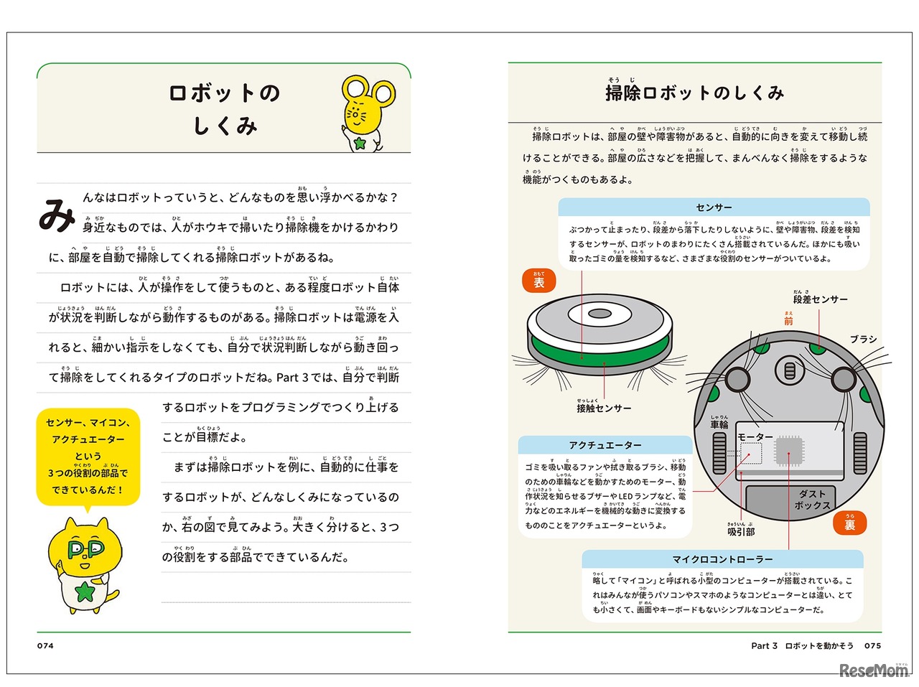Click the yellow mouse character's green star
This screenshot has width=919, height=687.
360,144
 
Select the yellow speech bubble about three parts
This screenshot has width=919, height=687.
88,457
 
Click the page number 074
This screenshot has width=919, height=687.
45,645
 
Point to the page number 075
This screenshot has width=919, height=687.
872,645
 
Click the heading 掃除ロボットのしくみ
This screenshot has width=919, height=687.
694,93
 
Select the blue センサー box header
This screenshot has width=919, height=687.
714,207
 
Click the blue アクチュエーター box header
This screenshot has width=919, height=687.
605,445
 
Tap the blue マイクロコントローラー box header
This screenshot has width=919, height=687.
722,559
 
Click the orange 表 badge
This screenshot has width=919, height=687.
538,281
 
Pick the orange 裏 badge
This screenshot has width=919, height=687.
849,523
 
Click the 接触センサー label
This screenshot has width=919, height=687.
604,408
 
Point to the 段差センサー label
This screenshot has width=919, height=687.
820,299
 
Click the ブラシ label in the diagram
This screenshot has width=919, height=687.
863,339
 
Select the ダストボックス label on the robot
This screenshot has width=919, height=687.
812,500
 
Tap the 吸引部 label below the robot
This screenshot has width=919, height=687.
741,531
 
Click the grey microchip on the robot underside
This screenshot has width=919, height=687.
788,450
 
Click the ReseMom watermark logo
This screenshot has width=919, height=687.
873,670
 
